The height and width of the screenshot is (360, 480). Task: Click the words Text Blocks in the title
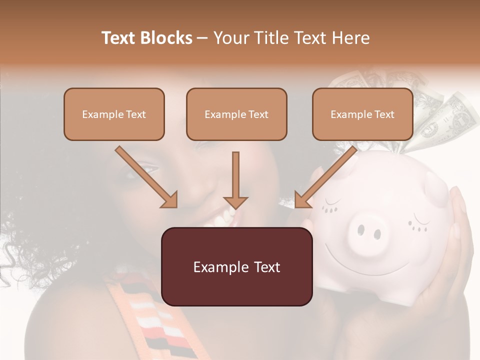(x=147, y=38)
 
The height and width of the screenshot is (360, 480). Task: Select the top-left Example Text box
(x=114, y=114)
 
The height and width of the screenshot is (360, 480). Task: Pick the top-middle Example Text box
(x=236, y=114)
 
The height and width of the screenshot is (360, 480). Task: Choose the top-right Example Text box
(x=362, y=114)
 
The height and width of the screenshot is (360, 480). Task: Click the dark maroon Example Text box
(x=236, y=266)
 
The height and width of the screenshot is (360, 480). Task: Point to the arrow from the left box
(x=146, y=177)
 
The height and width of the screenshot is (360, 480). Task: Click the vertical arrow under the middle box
(x=235, y=180)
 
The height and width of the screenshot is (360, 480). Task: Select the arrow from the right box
(x=326, y=177)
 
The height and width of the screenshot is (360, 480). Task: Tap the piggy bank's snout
(x=369, y=231)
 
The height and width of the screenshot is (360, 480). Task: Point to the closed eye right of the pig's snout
(x=419, y=221)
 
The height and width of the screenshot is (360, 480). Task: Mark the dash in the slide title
(x=203, y=38)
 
